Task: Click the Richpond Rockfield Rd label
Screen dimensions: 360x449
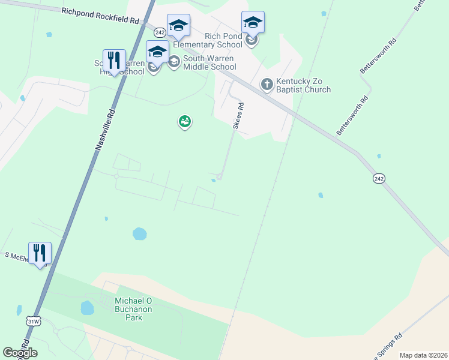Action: [x=100, y=16]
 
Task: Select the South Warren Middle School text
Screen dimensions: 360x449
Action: [x=209, y=62]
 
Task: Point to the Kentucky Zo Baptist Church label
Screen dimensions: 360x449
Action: [x=304, y=85]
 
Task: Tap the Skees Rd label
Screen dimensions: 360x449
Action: [x=238, y=116]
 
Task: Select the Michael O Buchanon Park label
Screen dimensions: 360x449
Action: [x=134, y=308]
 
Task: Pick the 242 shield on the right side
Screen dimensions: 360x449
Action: [x=378, y=178]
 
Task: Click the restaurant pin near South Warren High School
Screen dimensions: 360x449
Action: [x=114, y=61]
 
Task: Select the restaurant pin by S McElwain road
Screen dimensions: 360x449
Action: [x=40, y=253]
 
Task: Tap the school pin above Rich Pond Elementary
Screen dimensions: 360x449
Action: [x=253, y=23]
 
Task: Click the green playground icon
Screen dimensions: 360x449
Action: [x=185, y=122]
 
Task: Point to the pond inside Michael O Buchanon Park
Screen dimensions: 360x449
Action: [x=88, y=308]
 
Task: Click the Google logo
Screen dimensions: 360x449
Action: [x=20, y=353]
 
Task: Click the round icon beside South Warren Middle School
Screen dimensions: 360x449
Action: [x=174, y=62]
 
